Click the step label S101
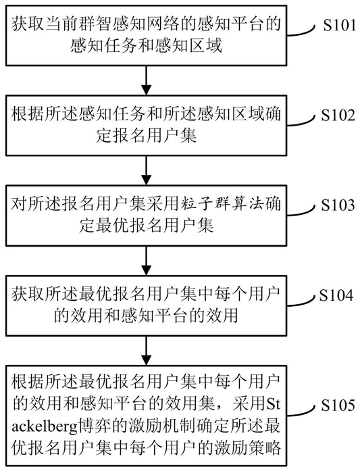340,26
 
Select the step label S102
338,115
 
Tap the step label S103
338,205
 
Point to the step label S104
336,295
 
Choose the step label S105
338,405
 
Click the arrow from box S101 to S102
146,80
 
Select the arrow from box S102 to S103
146,170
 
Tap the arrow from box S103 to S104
146,260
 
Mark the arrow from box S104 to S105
146,350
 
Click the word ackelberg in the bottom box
45,426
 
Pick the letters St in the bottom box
274,404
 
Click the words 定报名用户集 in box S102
146,136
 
